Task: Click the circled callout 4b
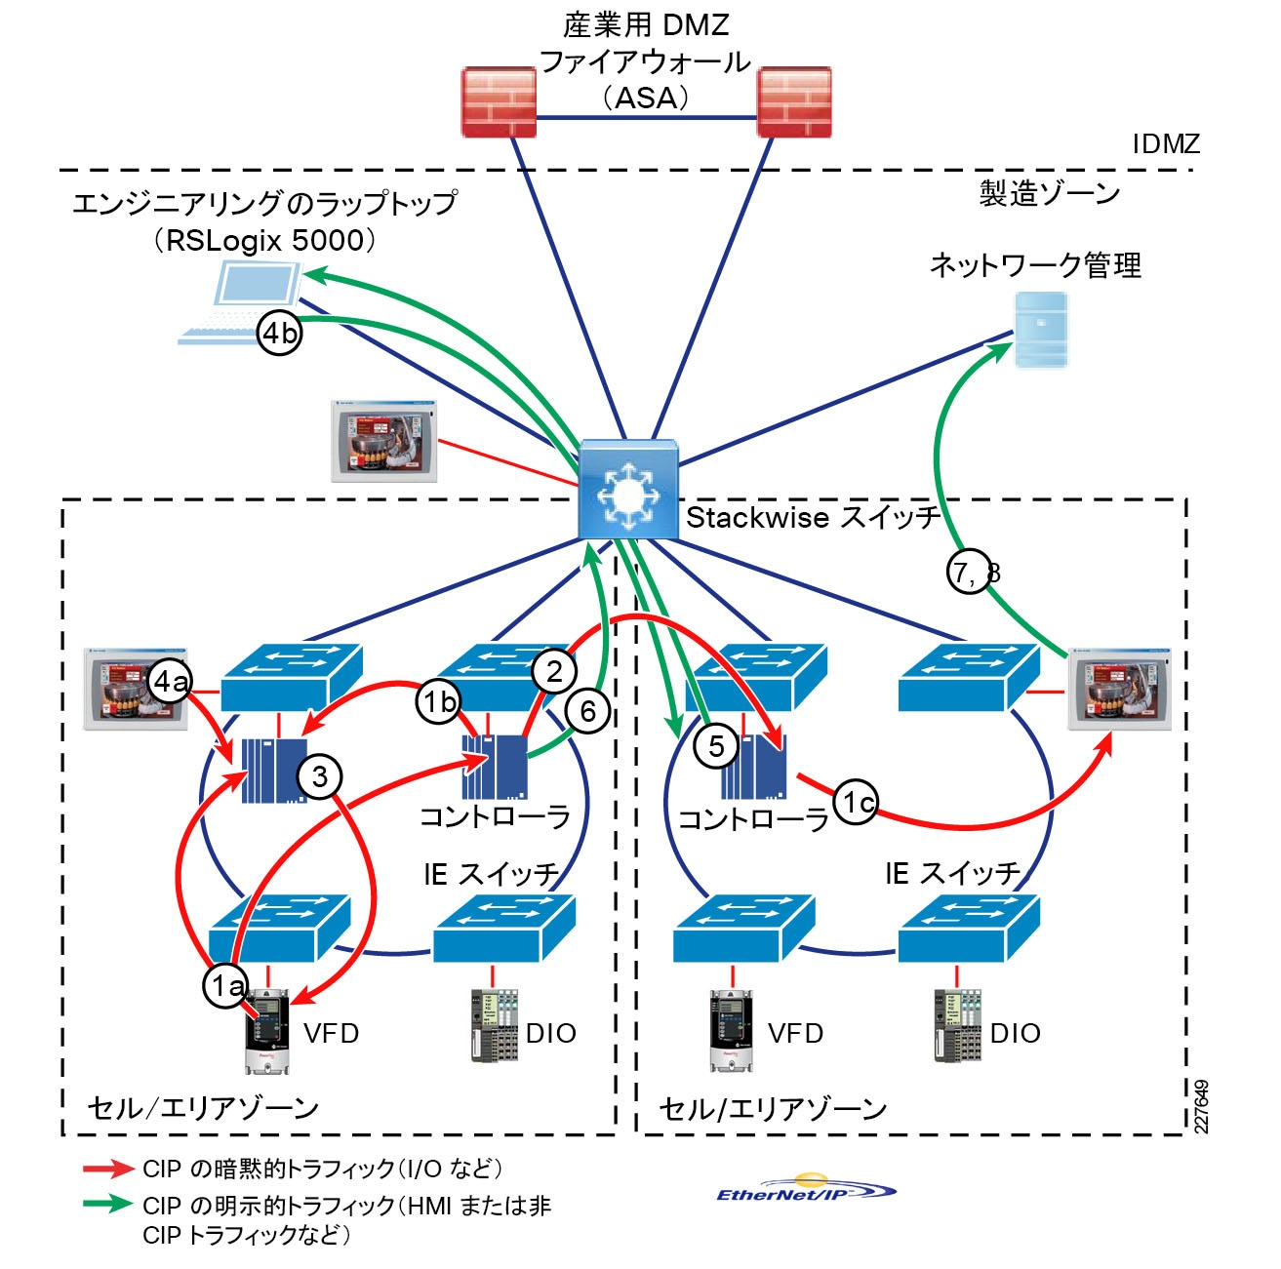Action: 280,334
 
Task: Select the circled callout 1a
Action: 226,986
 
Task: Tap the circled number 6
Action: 587,711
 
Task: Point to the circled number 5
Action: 716,746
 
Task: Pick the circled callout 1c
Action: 856,802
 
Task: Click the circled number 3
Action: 319,776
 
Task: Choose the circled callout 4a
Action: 170,682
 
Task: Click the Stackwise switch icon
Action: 628,489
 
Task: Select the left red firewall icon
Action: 499,101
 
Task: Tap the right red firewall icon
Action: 794,101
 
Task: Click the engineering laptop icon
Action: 242,304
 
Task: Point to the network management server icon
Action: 1040,330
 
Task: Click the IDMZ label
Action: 1165,144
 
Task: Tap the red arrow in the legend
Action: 107,1169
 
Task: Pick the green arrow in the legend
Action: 107,1204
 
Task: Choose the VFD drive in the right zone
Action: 731,1031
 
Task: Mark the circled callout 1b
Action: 439,700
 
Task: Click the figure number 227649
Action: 1202,1106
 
